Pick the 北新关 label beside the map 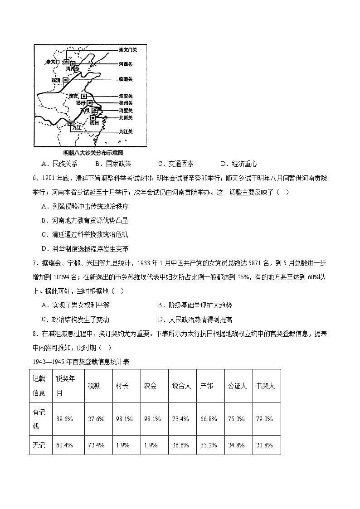126,117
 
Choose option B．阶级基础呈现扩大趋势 195,305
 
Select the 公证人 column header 237,386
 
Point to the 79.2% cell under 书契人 264,419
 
